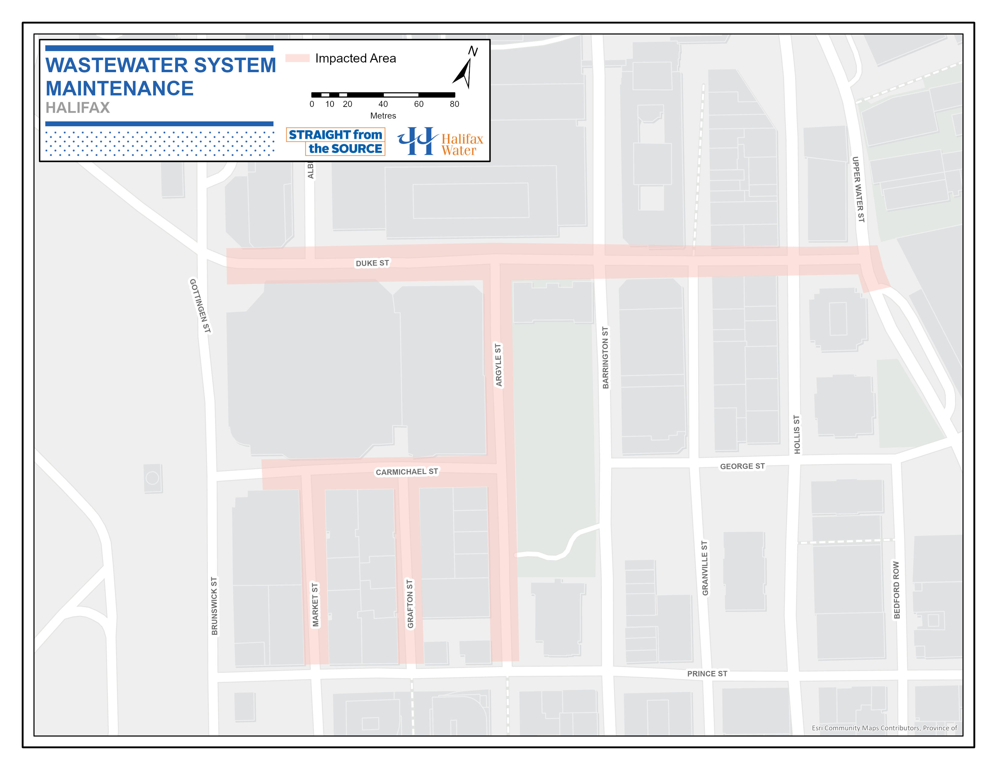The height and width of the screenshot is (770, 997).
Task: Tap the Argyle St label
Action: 498,365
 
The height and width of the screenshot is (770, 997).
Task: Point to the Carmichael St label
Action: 406,472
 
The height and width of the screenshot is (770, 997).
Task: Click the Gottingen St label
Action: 200,306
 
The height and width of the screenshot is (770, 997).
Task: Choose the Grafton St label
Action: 410,604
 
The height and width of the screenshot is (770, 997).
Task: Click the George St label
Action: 742,466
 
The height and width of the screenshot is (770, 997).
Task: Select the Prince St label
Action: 707,674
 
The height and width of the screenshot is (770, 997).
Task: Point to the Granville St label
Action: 705,568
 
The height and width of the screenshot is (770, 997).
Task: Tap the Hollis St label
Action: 797,434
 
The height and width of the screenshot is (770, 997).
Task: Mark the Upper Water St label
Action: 858,189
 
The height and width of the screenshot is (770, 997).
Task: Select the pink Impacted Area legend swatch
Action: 298,58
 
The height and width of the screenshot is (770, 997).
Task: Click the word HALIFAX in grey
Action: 78,108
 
